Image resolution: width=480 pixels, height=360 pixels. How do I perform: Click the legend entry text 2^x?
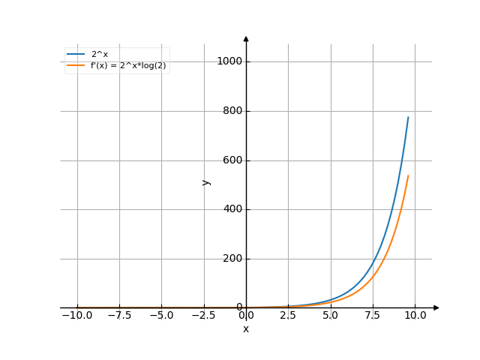[100, 54]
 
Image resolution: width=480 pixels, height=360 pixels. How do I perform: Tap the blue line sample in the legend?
[76, 54]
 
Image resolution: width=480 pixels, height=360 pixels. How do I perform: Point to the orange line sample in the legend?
[76, 65]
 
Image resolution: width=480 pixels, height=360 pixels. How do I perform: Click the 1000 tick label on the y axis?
[229, 61]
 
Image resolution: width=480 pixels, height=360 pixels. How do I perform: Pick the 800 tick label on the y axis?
[231, 111]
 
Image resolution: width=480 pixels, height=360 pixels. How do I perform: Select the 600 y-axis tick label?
[231, 160]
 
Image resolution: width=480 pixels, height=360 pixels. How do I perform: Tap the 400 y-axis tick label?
[231, 209]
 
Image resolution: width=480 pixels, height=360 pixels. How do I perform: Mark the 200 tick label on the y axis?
[231, 259]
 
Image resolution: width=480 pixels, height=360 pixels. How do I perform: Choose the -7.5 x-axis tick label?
[119, 316]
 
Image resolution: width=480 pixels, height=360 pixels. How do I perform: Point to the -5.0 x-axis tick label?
[161, 316]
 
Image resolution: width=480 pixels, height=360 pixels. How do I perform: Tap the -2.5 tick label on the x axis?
[203, 316]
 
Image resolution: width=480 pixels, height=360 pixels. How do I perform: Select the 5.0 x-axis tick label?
[331, 316]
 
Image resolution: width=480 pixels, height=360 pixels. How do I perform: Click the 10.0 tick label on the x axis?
[415, 316]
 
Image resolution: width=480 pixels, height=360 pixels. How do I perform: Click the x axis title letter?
[246, 328]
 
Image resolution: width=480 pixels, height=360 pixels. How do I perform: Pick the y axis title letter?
[205, 181]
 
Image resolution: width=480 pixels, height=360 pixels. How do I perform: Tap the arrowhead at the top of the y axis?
[246, 37]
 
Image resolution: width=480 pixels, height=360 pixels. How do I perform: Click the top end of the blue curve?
[409, 117]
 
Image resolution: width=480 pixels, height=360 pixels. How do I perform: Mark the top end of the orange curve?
[409, 175]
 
